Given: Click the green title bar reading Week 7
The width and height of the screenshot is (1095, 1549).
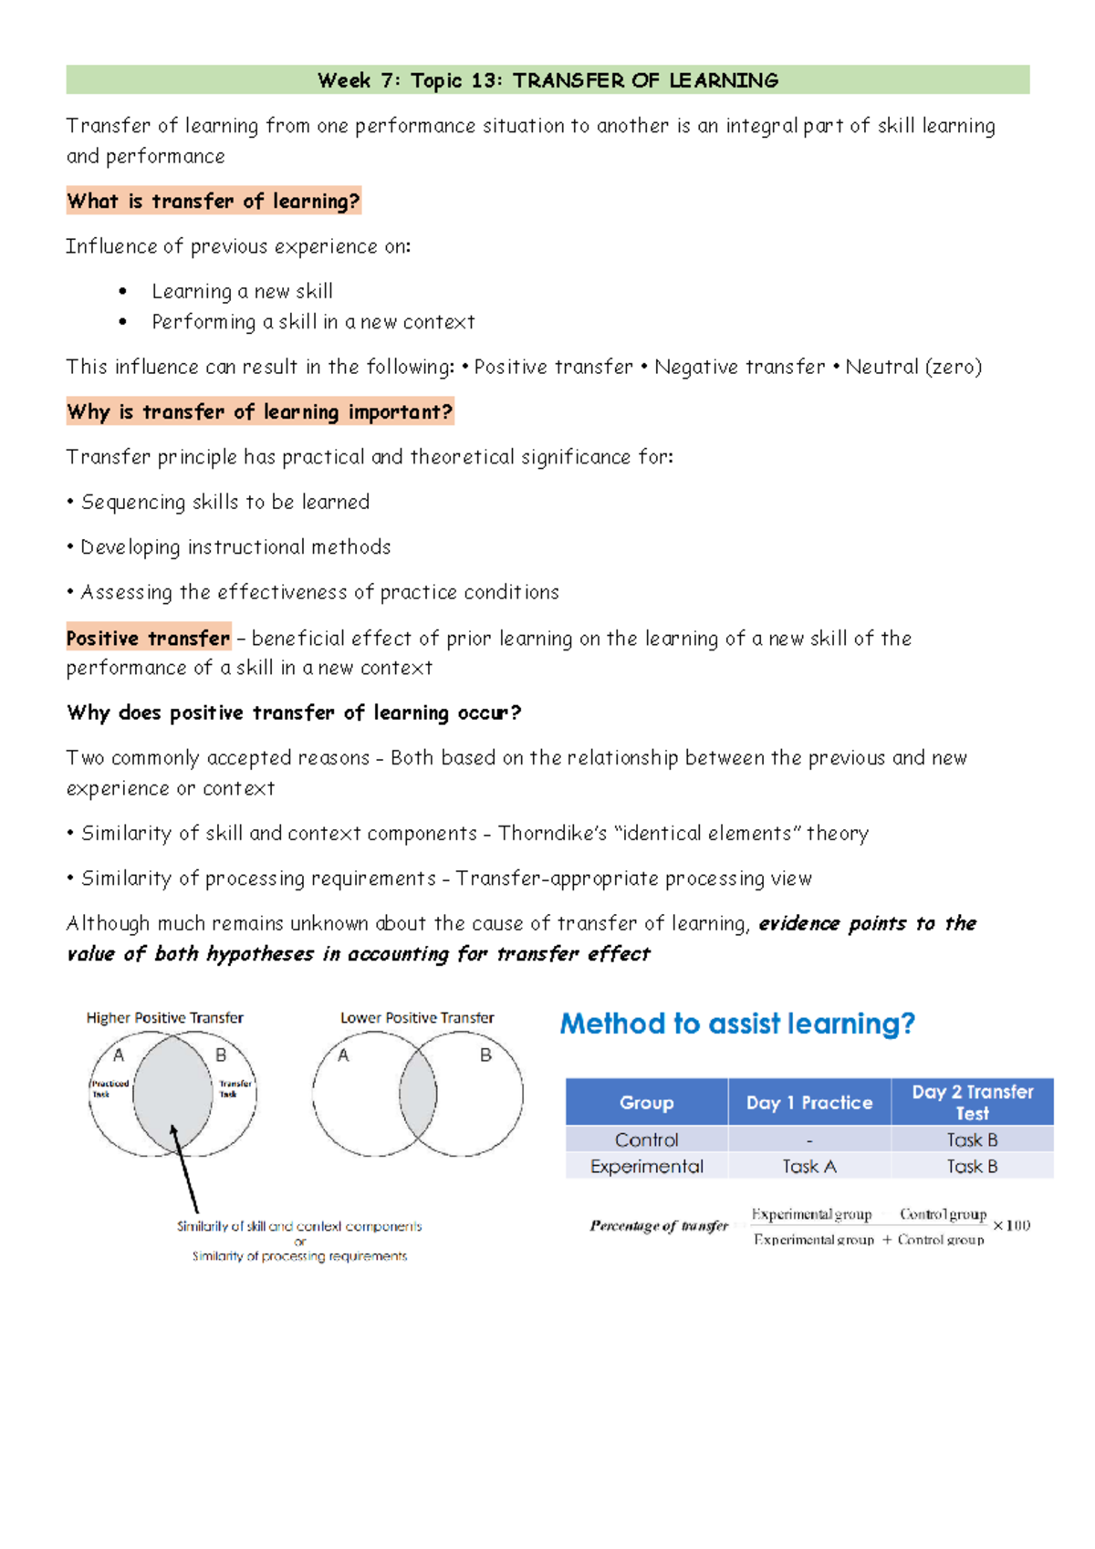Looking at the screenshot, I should click(x=547, y=80).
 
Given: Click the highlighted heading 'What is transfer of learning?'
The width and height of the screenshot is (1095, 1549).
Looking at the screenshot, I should click(x=214, y=201).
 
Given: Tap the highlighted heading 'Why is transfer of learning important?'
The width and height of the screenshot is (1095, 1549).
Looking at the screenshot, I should click(x=259, y=411).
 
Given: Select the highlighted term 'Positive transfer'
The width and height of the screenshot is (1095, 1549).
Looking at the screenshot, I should click(x=148, y=638).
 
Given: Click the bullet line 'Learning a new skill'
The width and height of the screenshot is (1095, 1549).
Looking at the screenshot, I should click(x=242, y=291).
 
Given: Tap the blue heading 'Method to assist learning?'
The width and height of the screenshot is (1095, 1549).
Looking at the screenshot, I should click(x=736, y=1024).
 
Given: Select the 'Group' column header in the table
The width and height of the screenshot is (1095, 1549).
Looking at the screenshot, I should click(x=646, y=1102).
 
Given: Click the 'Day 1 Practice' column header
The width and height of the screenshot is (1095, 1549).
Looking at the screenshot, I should click(x=808, y=1102).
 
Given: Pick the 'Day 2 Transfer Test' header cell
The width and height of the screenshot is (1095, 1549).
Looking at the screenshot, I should click(x=972, y=1102).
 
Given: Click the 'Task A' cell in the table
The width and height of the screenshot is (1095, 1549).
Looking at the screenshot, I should click(x=808, y=1166).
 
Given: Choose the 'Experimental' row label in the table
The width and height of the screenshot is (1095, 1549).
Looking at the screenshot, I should click(x=646, y=1166).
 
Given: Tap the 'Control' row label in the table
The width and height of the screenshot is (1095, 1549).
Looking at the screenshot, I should click(x=646, y=1139).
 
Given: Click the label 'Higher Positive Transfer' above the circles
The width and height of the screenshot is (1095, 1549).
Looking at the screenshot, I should click(x=164, y=1017).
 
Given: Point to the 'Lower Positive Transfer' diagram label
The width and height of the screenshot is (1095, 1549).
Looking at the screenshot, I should click(x=417, y=1017).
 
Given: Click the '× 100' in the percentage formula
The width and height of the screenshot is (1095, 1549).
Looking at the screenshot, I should click(x=1011, y=1225).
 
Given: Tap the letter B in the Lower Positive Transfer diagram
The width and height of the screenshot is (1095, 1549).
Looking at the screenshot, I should click(x=485, y=1055).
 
